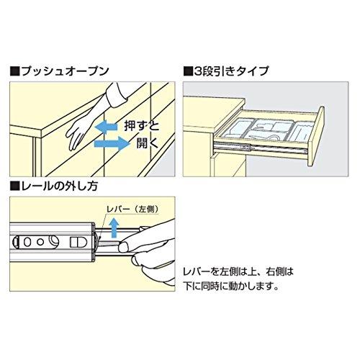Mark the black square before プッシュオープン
click(15, 71)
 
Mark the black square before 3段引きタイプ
click(188, 71)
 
